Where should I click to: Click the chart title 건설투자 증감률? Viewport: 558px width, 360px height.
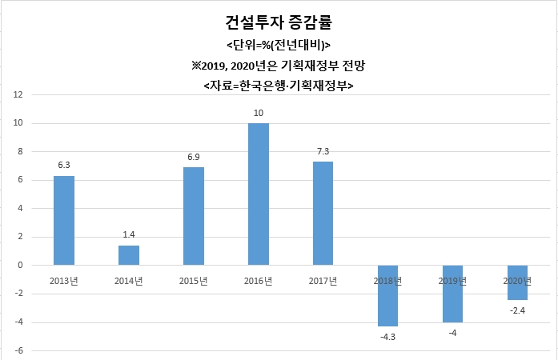[279, 22]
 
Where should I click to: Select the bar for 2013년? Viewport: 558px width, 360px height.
[64, 221]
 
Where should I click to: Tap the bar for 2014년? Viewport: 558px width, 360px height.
[129, 255]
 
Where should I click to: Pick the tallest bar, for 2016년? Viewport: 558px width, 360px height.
[259, 194]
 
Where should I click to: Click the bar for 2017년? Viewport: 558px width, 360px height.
[323, 214]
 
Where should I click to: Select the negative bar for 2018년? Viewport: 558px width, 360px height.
[388, 296]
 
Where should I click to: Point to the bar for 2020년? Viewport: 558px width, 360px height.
[517, 282]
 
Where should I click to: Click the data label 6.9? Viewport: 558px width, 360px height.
[194, 157]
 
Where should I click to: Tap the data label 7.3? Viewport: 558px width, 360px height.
[323, 151]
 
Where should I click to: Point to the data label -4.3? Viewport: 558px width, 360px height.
[388, 337]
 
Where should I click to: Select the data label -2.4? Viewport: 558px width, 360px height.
[517, 310]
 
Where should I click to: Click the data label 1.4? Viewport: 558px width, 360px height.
[129, 234]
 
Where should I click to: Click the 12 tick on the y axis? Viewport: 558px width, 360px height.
[18, 94]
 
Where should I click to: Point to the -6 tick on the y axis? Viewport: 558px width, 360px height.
[19, 350]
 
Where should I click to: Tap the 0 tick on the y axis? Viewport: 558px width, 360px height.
[20, 265]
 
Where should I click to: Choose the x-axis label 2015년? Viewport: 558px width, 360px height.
[193, 281]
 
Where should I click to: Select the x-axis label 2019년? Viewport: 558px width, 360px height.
[452, 281]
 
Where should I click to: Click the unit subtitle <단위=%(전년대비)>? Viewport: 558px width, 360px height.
[279, 45]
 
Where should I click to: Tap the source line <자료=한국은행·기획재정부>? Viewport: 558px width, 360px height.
[279, 86]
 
